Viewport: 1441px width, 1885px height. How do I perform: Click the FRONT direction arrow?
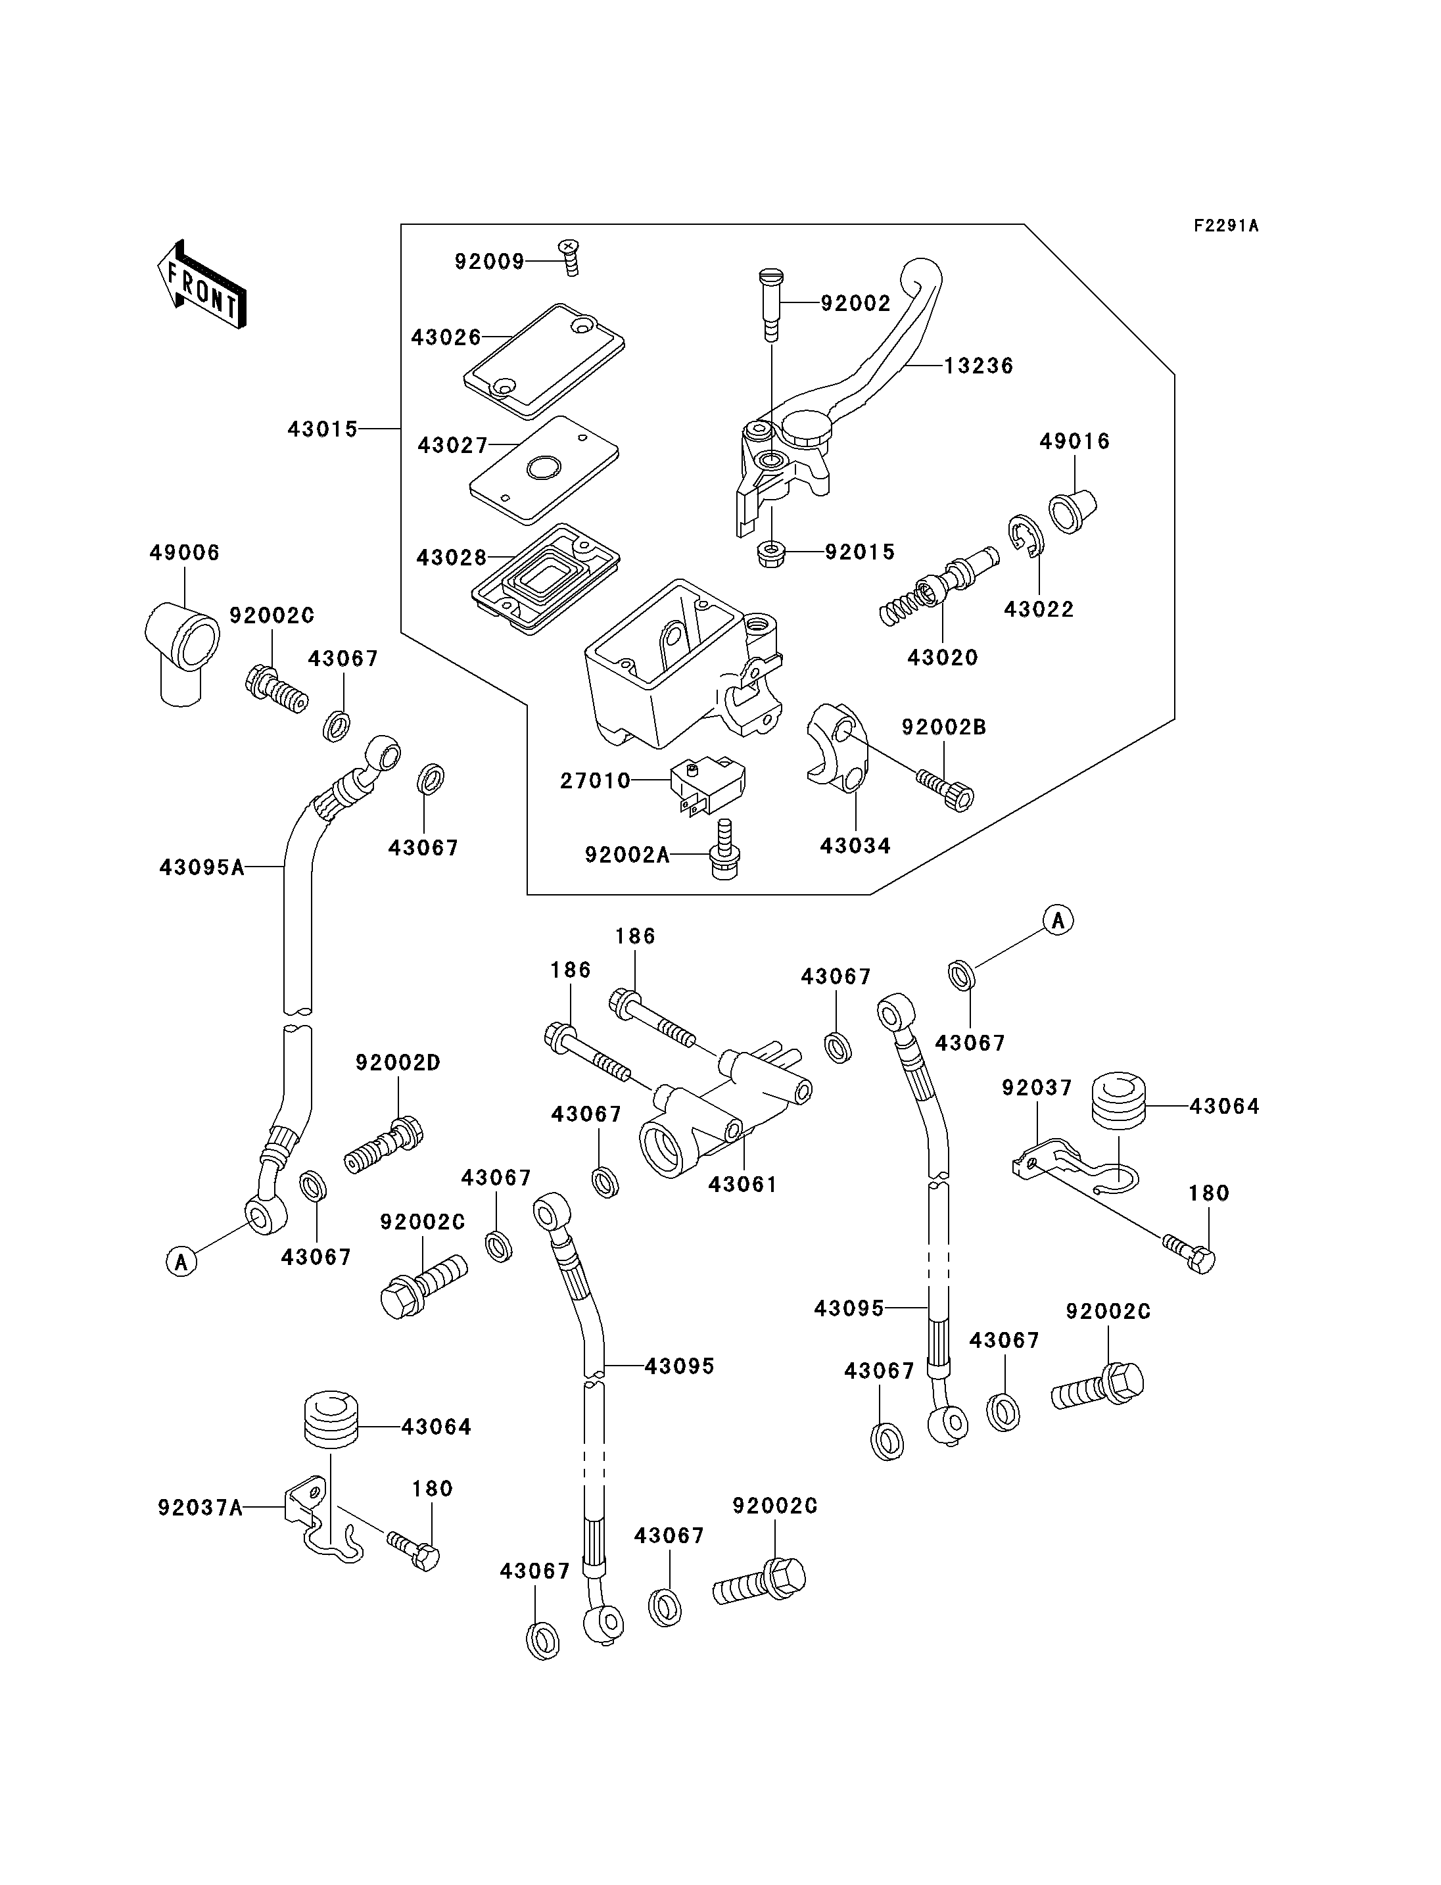click(x=202, y=286)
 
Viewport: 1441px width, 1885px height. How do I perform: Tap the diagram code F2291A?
click(x=1226, y=226)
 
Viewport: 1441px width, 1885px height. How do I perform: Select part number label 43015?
click(x=323, y=429)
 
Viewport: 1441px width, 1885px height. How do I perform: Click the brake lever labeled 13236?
click(x=866, y=377)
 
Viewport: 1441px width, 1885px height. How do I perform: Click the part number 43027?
click(x=452, y=445)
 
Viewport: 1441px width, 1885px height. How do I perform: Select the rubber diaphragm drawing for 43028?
click(x=546, y=579)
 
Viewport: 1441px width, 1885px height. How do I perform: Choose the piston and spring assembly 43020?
click(x=939, y=586)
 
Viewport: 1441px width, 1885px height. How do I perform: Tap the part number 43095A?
click(x=202, y=867)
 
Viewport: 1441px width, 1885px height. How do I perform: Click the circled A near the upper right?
click(x=1058, y=920)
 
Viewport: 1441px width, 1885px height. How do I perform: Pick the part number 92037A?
click(x=200, y=1508)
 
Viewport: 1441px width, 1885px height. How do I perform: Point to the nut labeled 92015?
click(x=772, y=554)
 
